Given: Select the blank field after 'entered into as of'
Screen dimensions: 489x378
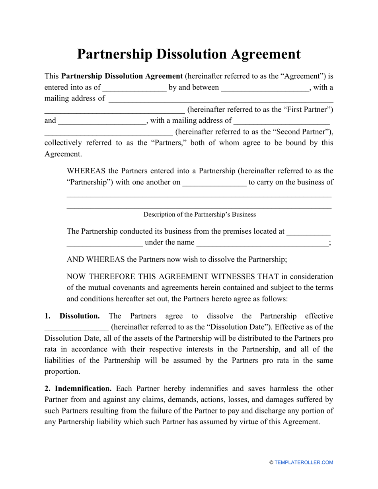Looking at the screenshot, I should [134, 88].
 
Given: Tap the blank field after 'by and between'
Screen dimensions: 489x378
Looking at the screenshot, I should [265, 88].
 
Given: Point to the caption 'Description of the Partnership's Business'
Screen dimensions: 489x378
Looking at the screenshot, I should [199, 215].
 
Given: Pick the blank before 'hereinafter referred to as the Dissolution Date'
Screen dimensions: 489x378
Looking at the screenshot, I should [76, 328].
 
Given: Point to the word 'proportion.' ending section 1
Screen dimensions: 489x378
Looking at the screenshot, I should [62, 372].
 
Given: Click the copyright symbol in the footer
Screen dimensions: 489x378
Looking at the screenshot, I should [271, 462].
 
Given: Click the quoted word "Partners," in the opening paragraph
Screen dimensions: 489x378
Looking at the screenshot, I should [166, 143].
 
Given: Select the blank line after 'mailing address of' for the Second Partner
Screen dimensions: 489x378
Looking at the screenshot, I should [282, 120].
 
